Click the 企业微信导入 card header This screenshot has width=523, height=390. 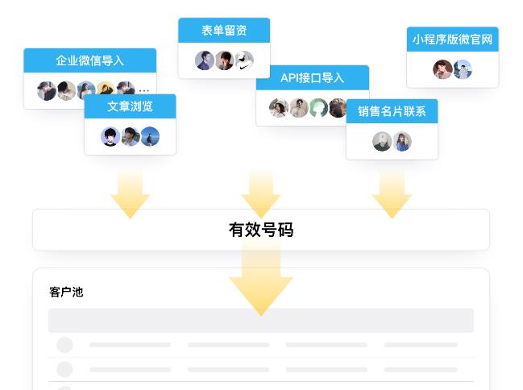[x=89, y=60]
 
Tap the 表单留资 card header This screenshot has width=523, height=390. [x=224, y=31]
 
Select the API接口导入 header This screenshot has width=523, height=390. [x=312, y=78]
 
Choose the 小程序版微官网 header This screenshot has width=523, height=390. [x=452, y=39]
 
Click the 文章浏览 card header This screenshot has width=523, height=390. [x=130, y=106]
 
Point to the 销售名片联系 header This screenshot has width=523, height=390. [x=392, y=111]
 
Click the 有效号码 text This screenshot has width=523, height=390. [x=261, y=230]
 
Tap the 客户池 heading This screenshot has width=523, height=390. [x=66, y=292]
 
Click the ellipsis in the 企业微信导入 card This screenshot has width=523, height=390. [x=144, y=90]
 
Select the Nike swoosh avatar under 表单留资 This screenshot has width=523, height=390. [x=244, y=60]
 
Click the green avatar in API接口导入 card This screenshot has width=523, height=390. [x=319, y=108]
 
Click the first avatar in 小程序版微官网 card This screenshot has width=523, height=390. [x=442, y=70]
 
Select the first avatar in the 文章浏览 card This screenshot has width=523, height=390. [x=110, y=137]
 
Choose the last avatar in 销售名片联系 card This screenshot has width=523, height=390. [x=402, y=142]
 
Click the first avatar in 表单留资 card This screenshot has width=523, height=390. [x=205, y=60]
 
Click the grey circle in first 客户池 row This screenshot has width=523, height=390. [x=64, y=345]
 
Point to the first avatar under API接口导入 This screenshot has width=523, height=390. [x=279, y=108]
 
